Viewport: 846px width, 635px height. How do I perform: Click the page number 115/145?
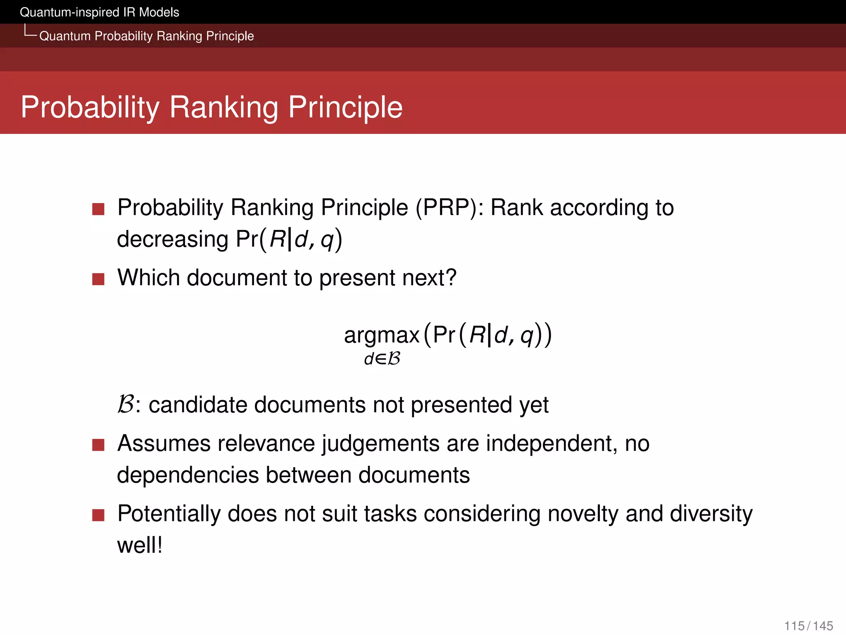(808, 625)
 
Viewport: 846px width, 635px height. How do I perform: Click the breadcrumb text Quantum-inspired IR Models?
(99, 12)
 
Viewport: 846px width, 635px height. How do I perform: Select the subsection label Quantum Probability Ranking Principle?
(146, 36)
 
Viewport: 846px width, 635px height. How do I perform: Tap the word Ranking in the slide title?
(223, 107)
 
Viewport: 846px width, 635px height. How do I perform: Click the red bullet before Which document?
(98, 279)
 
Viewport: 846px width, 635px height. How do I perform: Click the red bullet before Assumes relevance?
(98, 445)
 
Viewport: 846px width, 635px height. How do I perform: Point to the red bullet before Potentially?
(98, 515)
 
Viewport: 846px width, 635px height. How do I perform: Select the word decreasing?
(173, 239)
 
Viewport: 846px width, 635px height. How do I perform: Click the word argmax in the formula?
(381, 335)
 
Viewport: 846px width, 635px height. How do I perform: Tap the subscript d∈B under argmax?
(382, 358)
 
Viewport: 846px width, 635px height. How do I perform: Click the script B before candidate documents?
(125, 404)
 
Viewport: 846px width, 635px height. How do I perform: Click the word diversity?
(711, 514)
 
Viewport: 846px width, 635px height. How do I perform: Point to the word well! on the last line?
(140, 545)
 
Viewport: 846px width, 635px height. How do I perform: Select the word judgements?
(380, 444)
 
